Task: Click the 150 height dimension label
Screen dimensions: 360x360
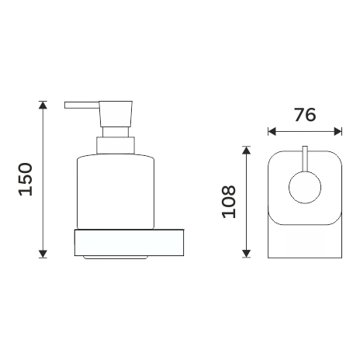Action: [x=26, y=179]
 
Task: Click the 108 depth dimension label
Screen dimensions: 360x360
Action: [x=229, y=202]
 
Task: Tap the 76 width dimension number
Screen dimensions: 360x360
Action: [x=305, y=115]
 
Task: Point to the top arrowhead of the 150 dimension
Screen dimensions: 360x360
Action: [x=43, y=105]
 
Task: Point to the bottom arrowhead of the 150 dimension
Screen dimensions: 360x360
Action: [x=43, y=254]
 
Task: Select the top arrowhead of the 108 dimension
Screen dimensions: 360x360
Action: [x=247, y=150]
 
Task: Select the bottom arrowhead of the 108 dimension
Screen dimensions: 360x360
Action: [x=247, y=254]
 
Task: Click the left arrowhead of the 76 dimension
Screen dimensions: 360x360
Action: [x=272, y=131]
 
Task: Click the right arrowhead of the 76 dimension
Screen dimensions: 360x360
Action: [x=338, y=131]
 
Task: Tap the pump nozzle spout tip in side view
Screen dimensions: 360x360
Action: [x=65, y=106]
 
